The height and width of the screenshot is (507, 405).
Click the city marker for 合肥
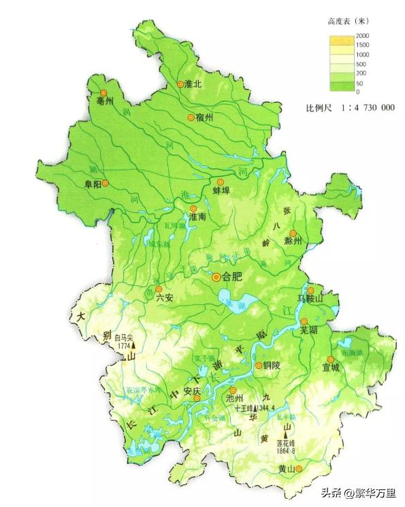pos(216,277)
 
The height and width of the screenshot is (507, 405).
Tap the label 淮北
pos(194,84)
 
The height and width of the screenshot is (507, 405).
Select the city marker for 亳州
pos(103,93)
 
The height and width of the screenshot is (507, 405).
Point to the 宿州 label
pos(204,117)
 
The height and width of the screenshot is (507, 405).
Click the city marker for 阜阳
pos(106,183)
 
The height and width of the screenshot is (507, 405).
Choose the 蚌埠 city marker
pos(220,182)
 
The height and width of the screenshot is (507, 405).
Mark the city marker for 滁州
pos(293,233)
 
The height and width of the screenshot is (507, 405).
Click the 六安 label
pos(165,297)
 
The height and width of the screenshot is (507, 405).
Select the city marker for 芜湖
pos(304,321)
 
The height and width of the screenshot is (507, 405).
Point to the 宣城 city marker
pos(331,359)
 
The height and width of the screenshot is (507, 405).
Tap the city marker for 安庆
pos(197,399)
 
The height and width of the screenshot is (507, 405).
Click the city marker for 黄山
pos(298,468)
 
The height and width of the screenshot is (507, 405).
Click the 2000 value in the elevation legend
pos(361,35)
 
